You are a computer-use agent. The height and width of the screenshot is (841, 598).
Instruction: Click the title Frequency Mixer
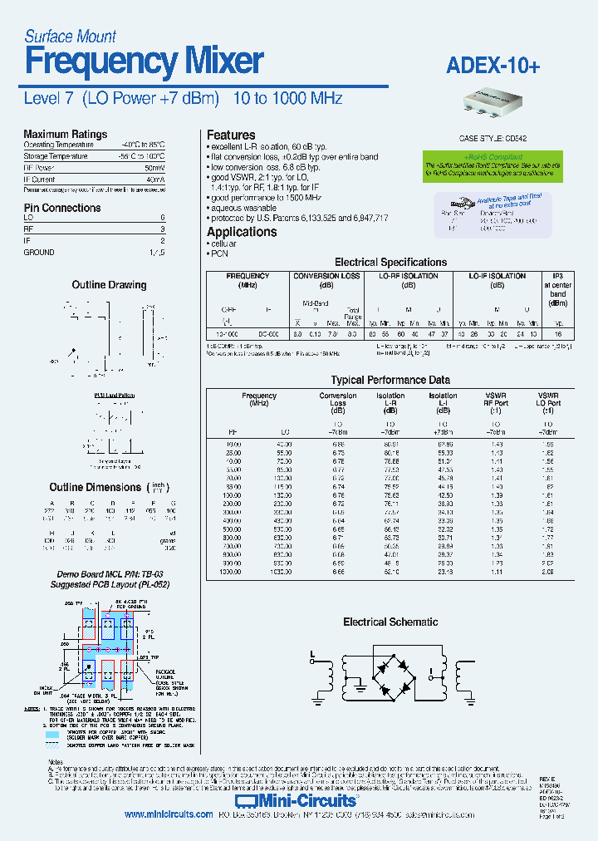point(144,63)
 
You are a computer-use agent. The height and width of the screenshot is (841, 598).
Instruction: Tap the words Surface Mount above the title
point(70,36)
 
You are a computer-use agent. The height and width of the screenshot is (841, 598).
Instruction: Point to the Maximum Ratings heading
point(65,134)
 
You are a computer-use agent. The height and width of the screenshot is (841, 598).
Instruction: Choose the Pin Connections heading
point(61,208)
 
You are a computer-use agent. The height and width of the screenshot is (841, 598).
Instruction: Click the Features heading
point(231,135)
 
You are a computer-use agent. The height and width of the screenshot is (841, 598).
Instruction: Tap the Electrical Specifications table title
point(390,262)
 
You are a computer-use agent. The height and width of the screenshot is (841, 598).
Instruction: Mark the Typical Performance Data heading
point(390,380)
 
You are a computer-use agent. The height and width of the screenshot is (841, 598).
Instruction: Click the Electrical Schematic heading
point(390,622)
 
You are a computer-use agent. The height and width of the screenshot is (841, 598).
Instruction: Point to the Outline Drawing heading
point(109,285)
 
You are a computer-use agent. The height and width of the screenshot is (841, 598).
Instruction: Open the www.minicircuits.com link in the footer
point(169,815)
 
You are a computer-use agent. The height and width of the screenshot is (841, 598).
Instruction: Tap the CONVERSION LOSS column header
point(327,276)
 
